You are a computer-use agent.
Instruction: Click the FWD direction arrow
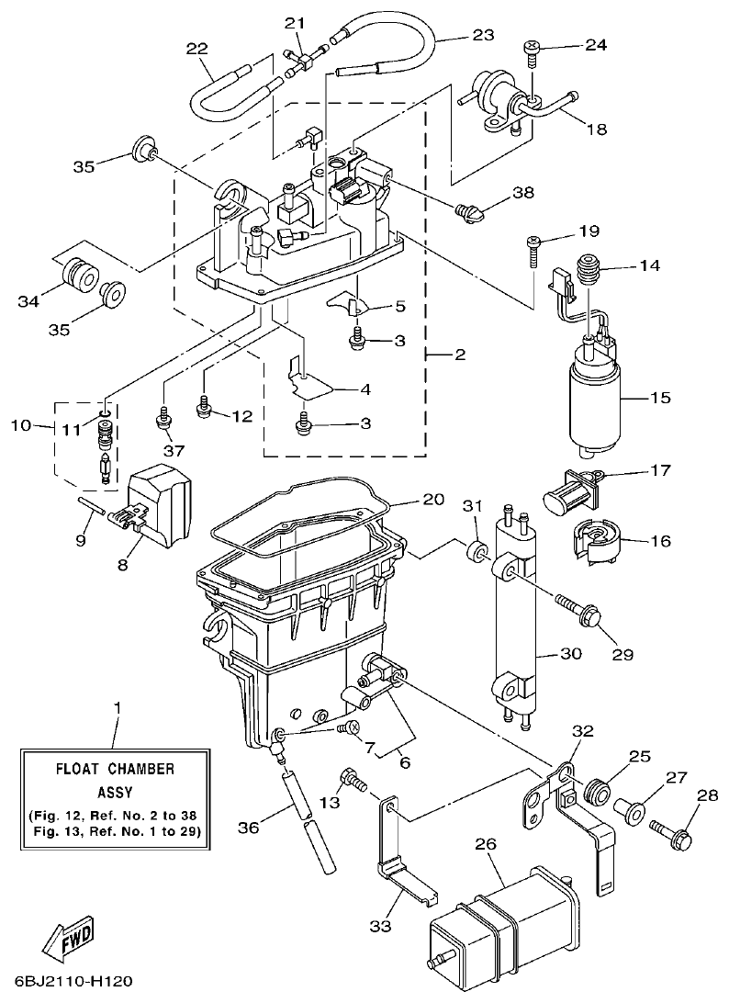click(x=70, y=940)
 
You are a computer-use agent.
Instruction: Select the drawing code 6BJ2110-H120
click(x=73, y=982)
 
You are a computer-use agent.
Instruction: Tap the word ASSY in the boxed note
click(x=116, y=790)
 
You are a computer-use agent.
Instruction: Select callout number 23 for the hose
click(x=482, y=35)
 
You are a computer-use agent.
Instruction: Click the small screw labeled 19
click(x=533, y=244)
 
